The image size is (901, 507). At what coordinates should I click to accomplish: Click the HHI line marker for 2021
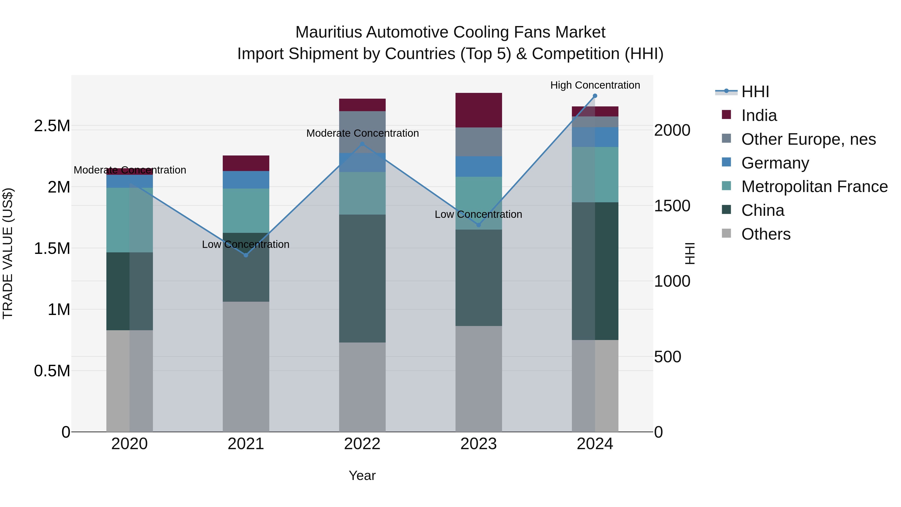pos(246,255)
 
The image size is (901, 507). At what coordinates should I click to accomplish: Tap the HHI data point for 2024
pos(595,96)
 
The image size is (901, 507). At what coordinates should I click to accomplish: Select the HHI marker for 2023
pos(479,225)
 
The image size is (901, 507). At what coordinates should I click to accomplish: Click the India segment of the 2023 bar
pos(479,110)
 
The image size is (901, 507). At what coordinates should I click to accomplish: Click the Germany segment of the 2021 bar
pos(246,180)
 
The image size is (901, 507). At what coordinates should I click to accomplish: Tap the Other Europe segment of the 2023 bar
pos(479,142)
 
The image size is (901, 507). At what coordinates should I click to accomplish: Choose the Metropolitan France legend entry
pos(814,187)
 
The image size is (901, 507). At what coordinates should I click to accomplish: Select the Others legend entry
pos(765,234)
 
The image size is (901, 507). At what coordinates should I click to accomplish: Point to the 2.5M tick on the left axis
pos(52,126)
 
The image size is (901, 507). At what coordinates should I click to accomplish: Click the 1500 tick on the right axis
pos(672,206)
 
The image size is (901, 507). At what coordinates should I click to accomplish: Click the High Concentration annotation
pos(595,85)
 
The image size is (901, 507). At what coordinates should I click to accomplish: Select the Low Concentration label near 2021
pos(246,244)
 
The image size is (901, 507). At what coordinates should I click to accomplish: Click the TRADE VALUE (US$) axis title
pos(8,253)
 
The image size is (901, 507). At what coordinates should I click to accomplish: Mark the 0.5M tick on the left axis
pos(52,371)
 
